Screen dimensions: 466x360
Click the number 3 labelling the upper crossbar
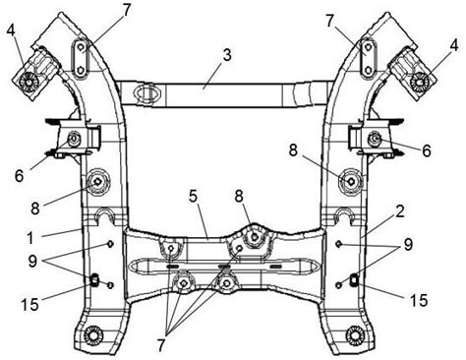227,55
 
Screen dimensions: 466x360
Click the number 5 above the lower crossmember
194,196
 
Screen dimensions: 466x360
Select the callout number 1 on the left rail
30,237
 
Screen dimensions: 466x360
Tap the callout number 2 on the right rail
399,211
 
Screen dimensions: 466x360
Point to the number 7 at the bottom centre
161,345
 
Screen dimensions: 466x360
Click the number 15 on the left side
30,305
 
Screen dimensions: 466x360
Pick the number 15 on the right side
419,300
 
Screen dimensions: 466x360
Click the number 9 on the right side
408,244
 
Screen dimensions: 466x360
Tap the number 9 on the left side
32,262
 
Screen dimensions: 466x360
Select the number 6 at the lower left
20,175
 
